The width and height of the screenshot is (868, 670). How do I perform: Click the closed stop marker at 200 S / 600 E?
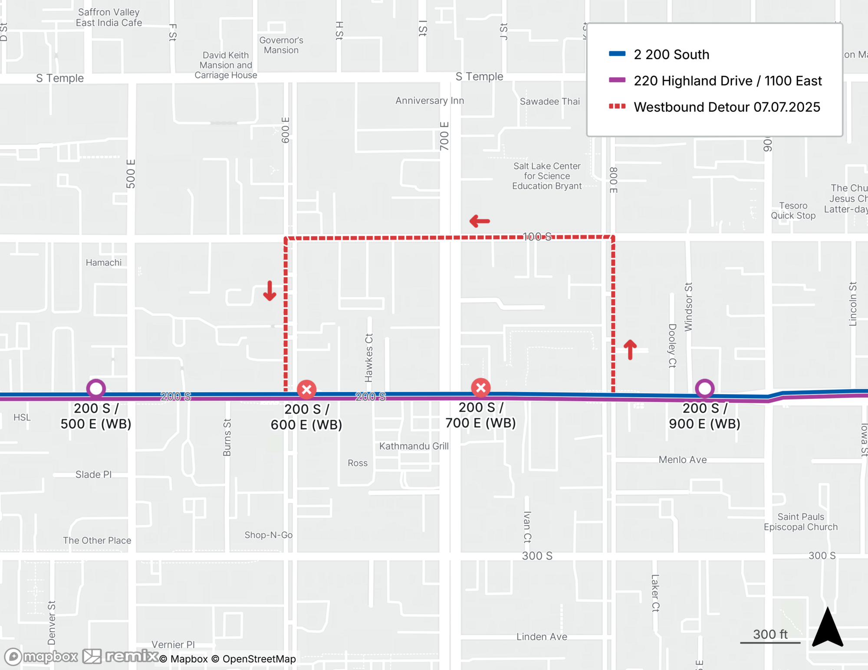[x=306, y=389]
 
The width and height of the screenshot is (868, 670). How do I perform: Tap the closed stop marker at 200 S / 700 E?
[x=481, y=388]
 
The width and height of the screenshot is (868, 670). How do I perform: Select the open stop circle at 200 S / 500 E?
[x=96, y=389]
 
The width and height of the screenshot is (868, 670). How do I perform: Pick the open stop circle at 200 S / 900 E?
[x=704, y=389]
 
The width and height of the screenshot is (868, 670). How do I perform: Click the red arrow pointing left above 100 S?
[x=480, y=221]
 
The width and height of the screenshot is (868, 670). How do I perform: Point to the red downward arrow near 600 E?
[x=270, y=291]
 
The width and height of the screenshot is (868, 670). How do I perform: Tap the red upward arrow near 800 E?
[x=630, y=350]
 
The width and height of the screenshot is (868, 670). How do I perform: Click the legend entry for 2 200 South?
[x=671, y=55]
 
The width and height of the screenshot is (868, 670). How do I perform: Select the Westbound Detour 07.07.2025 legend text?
[x=727, y=107]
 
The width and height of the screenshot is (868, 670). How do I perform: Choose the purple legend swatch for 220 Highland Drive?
[x=617, y=80]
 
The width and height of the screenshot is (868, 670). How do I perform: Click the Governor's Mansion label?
[x=281, y=45]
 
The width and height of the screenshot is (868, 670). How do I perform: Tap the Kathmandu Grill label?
[x=414, y=446]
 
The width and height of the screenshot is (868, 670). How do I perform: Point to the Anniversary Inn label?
[x=429, y=101]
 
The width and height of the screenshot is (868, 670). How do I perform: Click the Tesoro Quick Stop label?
[x=793, y=211]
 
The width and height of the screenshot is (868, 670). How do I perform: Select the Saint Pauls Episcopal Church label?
[x=800, y=522]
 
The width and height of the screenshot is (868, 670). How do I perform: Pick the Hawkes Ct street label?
[x=368, y=358]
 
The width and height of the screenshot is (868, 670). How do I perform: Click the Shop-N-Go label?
[x=268, y=535]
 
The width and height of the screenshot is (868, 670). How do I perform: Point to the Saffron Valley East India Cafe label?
[x=108, y=17]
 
